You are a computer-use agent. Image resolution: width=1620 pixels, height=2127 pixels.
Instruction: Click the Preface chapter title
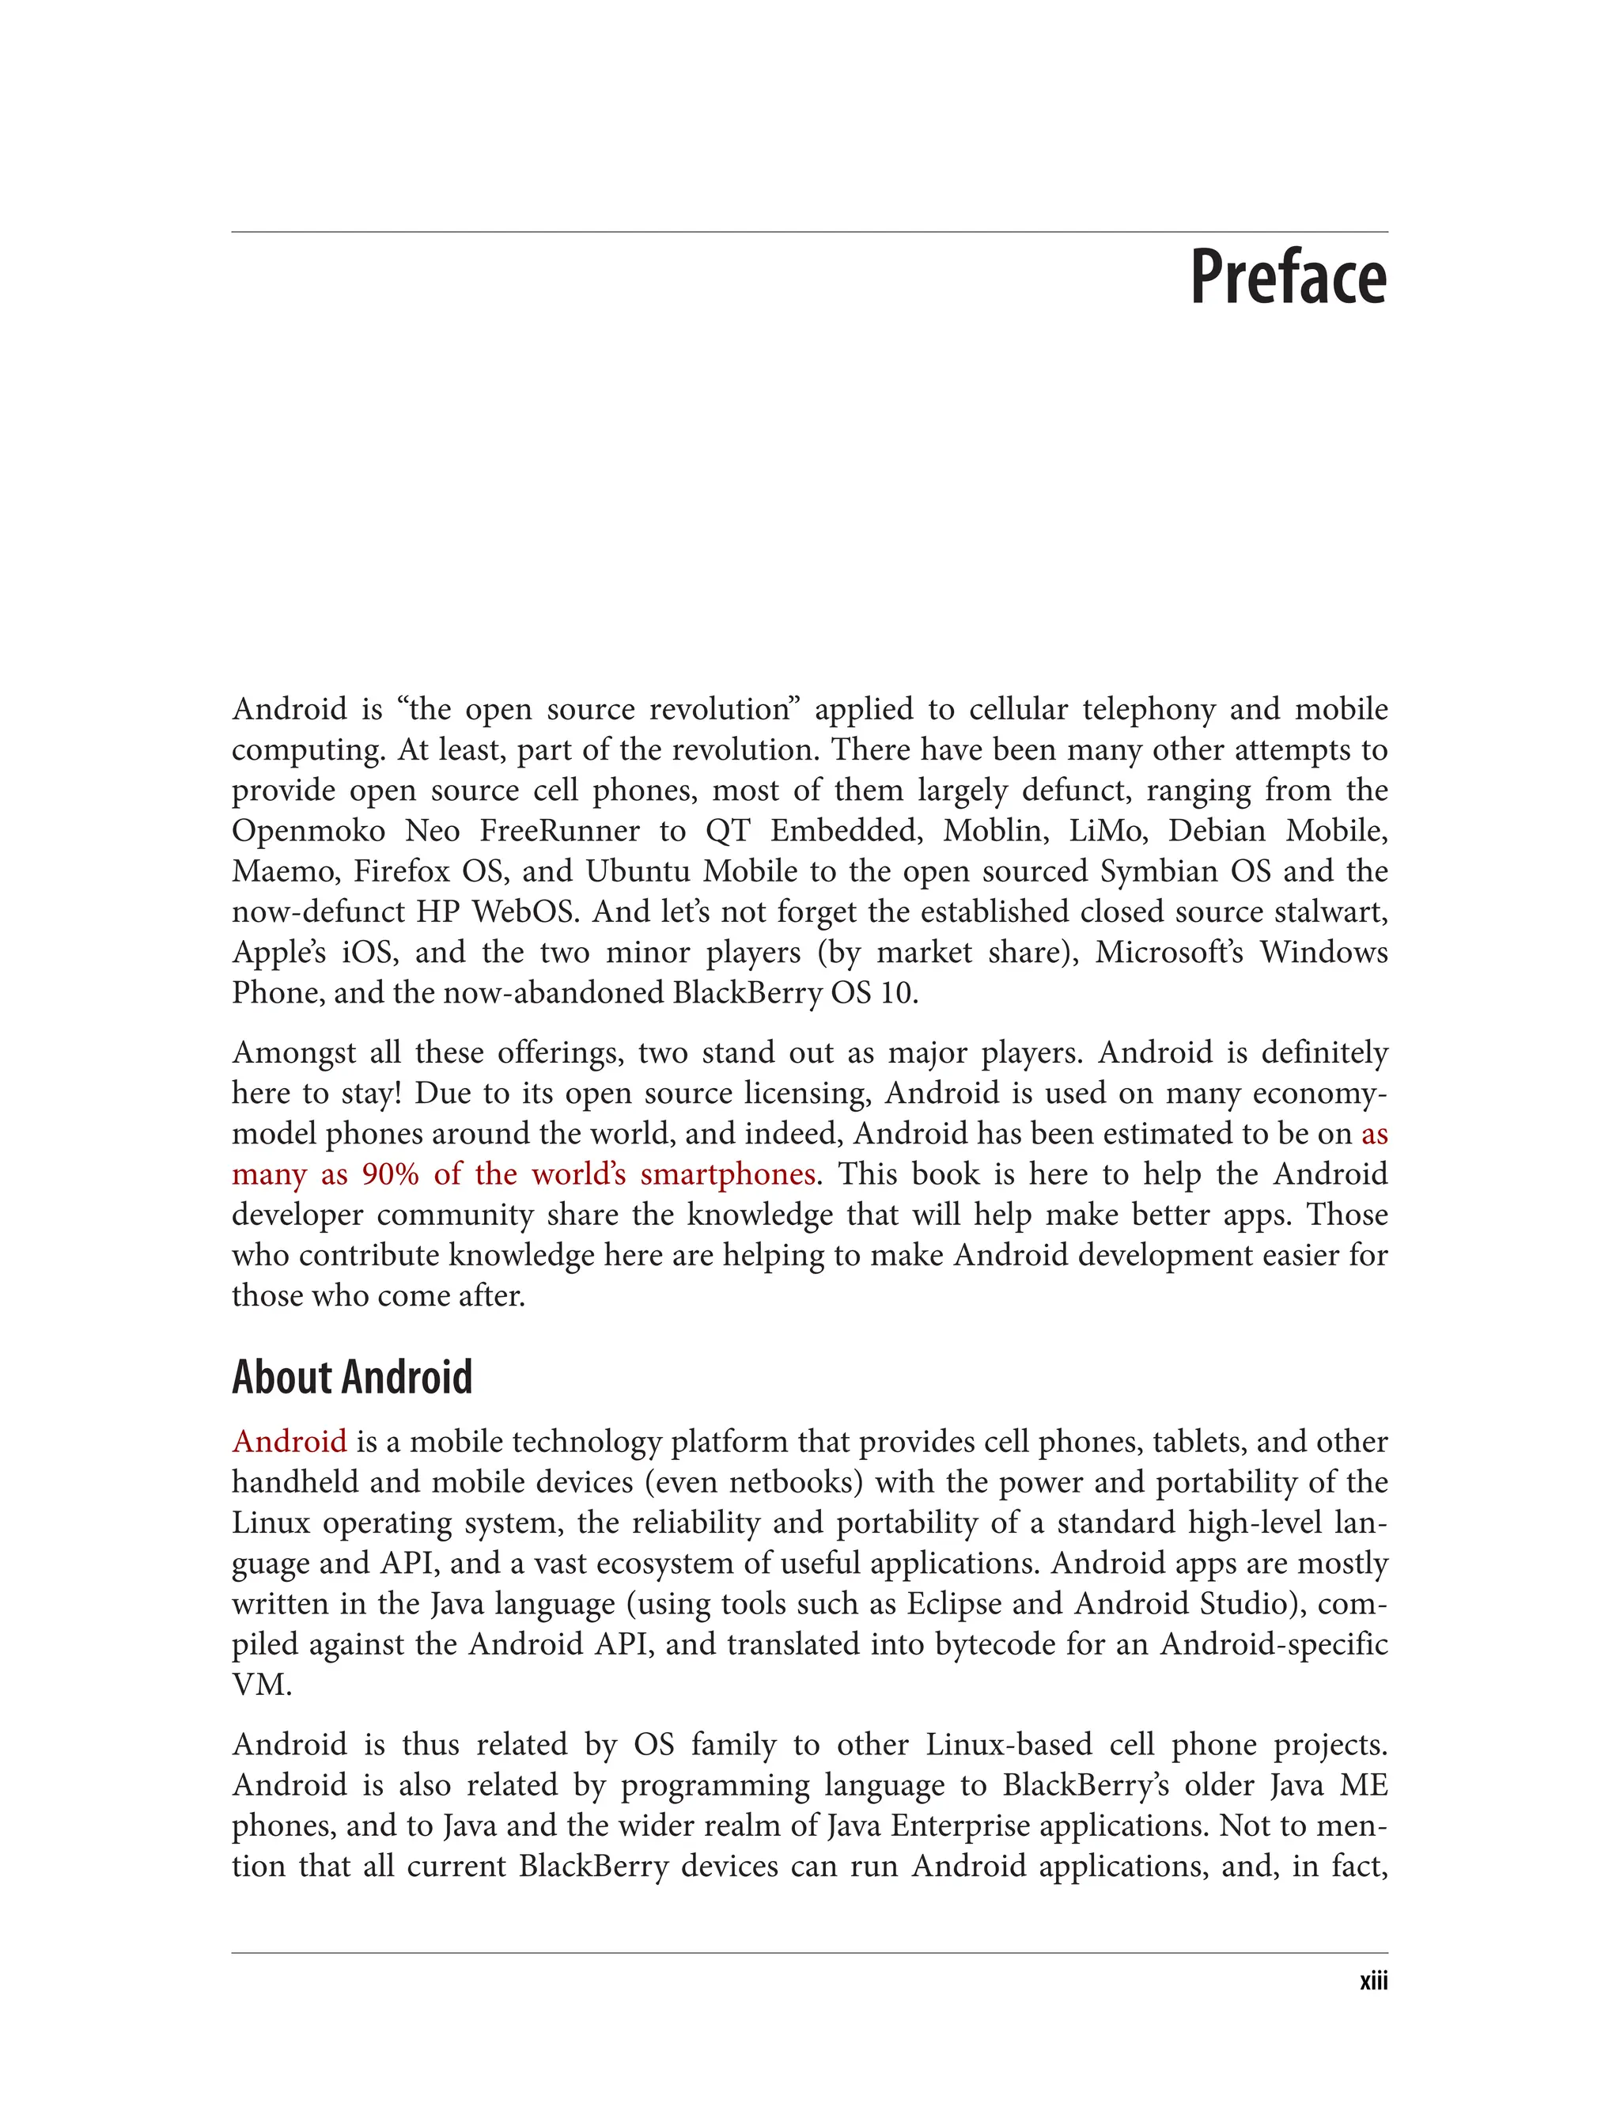[x=1289, y=278]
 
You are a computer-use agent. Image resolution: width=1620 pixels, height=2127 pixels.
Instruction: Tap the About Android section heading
[x=352, y=1377]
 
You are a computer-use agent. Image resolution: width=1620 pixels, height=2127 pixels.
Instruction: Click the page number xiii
[x=1373, y=1981]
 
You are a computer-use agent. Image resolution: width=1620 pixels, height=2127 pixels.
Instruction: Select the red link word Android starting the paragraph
[x=290, y=1441]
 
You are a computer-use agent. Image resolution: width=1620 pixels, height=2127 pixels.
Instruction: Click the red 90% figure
[x=391, y=1174]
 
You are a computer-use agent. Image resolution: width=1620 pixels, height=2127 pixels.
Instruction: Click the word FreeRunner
[x=559, y=831]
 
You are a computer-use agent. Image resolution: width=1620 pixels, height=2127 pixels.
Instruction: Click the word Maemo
[x=283, y=871]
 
